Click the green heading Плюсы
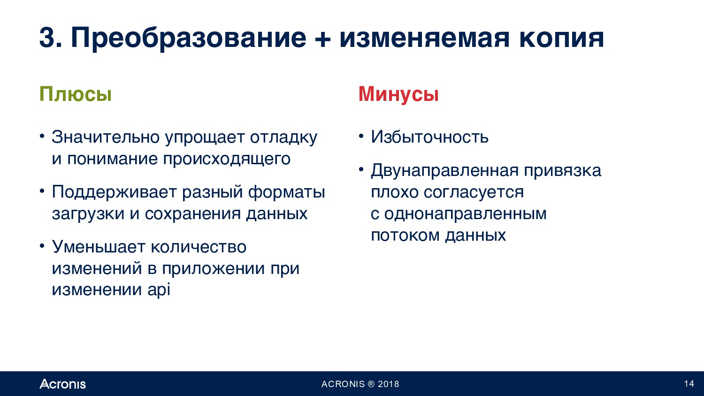tap(76, 94)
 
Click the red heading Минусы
tap(398, 94)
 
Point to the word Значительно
tap(106, 137)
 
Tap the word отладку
tap(283, 137)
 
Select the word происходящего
tap(227, 159)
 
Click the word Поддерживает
tap(115, 192)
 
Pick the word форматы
tap(286, 192)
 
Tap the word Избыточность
tap(429, 137)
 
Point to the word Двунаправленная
tap(444, 171)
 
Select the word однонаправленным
tap(466, 213)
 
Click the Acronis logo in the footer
tap(62, 384)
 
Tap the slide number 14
tap(689, 383)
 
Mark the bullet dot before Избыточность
tap(361, 137)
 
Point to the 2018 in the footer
tap(389, 384)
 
